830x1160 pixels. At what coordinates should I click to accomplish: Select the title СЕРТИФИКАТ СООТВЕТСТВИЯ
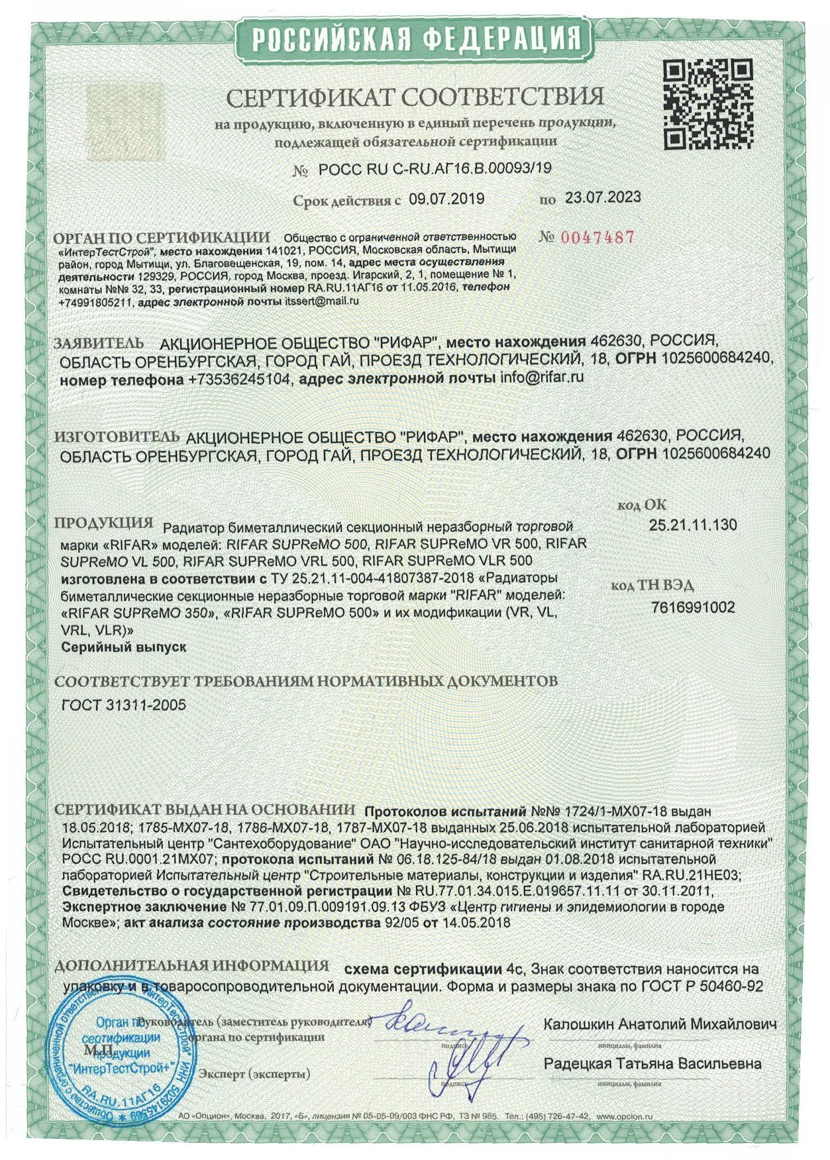tap(415, 97)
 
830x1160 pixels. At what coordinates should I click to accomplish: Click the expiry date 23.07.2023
tap(602, 197)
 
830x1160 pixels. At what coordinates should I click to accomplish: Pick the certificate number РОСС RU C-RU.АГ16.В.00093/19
tap(435, 170)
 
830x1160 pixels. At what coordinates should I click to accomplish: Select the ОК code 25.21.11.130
tap(692, 525)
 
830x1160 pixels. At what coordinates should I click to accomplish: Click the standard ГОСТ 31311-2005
tap(123, 705)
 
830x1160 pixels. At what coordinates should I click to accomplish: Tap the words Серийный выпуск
tap(123, 647)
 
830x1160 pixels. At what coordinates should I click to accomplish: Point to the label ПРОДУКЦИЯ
tap(103, 522)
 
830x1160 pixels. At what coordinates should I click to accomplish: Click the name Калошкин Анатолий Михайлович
tap(660, 1024)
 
